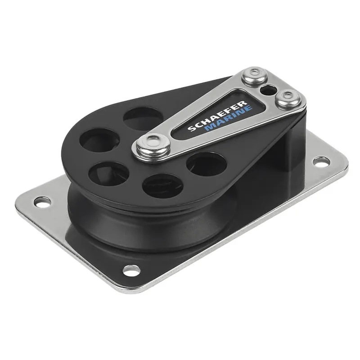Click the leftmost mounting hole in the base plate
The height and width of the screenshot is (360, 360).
pos(43,202)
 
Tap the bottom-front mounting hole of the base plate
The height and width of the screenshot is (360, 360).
pos(131,270)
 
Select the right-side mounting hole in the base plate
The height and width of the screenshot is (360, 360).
pos(321,162)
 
